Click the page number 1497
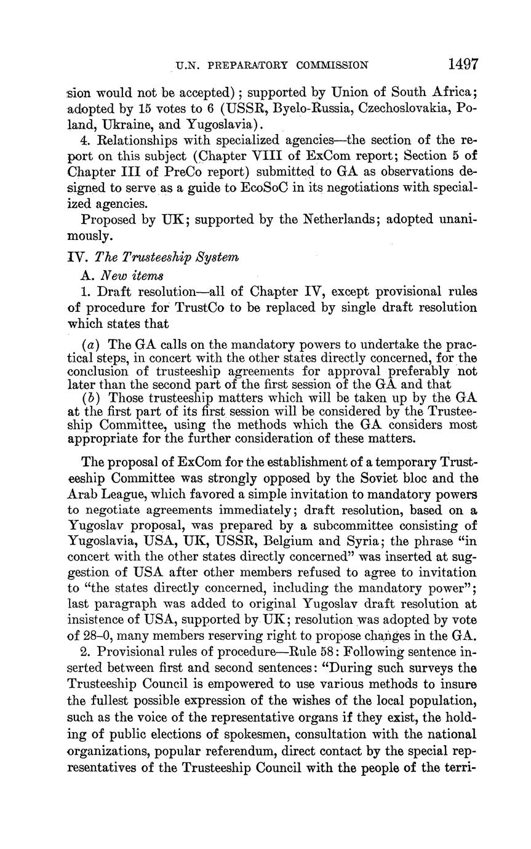[463, 65]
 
